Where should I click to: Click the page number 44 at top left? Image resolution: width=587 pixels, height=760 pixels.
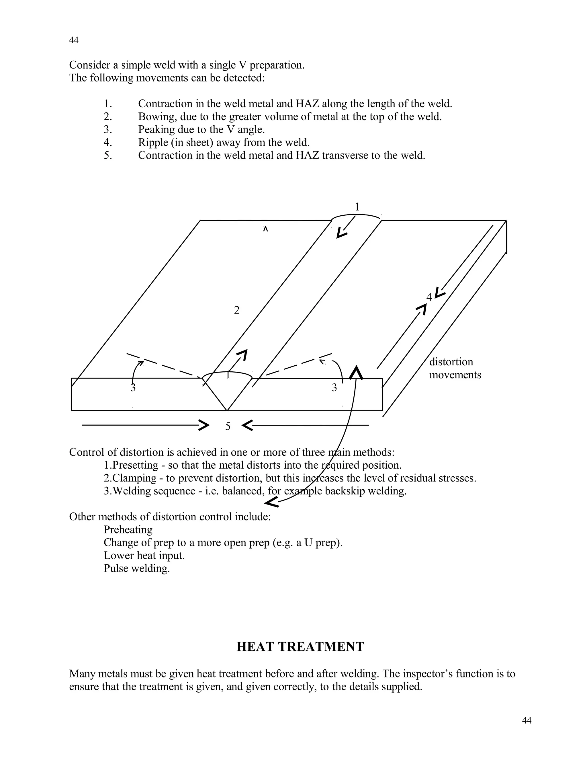click(x=74, y=40)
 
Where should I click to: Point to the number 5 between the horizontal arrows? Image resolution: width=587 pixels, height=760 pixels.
click(x=228, y=426)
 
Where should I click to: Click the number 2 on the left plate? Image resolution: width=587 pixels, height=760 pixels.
click(x=237, y=310)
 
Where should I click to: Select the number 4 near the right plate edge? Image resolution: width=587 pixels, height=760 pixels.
click(x=429, y=297)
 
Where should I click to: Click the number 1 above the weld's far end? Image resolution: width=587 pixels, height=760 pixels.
click(x=357, y=207)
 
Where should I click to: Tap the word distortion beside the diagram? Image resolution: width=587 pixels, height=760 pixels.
click(x=451, y=362)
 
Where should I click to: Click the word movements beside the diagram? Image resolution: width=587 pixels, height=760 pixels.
click(x=455, y=375)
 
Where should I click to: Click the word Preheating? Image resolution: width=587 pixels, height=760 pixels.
click(x=128, y=530)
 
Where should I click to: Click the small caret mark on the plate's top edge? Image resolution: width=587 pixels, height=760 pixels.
click(x=265, y=229)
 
